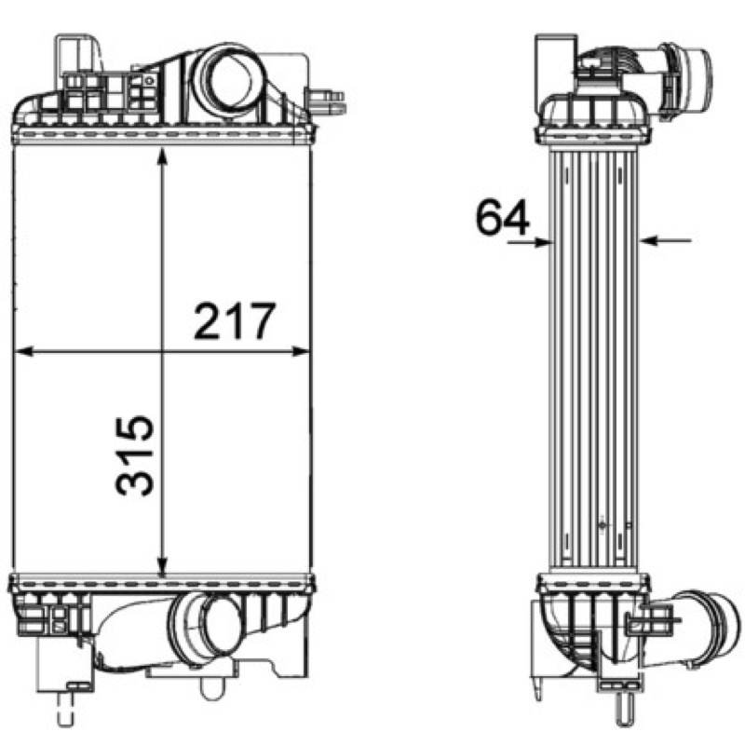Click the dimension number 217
tap(235, 321)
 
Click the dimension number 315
tap(135, 455)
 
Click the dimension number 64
tap(502, 218)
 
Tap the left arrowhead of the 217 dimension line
tap(24, 352)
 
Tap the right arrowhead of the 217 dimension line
tap(301, 352)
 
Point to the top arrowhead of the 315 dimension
tap(162, 156)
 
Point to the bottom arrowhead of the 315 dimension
tap(162, 567)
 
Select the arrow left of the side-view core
tap(528, 242)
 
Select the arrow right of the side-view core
tap(665, 241)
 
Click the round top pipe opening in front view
tap(229, 82)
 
